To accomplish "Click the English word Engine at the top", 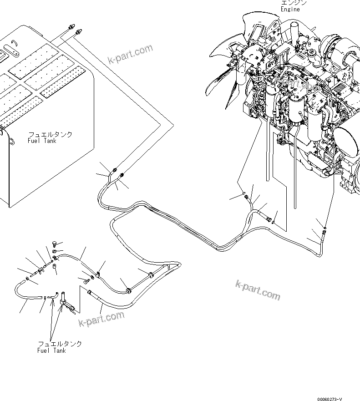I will point(290,9).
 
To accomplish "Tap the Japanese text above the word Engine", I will point(294,2).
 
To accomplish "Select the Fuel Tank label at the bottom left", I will point(51,350).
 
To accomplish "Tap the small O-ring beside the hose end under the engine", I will point(273,222).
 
